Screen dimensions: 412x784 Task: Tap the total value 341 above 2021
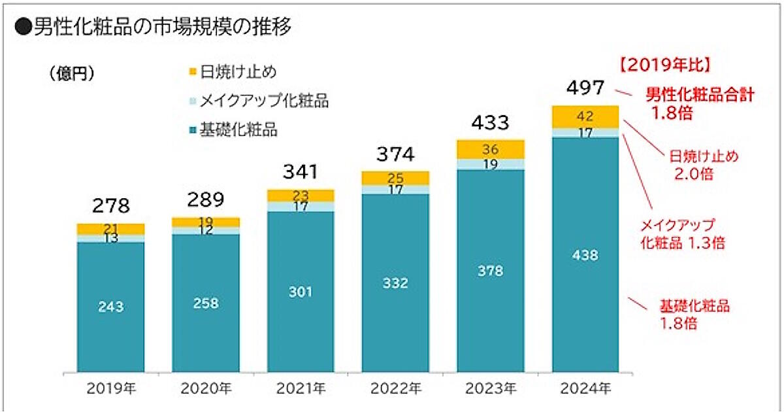tap(301, 172)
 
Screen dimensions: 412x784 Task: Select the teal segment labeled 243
tap(110, 306)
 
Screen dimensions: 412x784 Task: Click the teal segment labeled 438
tap(585, 256)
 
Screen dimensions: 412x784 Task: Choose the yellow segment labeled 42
tap(585, 116)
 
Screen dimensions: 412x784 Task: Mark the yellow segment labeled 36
tap(490, 149)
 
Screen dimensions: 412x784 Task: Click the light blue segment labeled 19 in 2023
tap(490, 164)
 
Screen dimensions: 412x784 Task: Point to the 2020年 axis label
tap(205, 388)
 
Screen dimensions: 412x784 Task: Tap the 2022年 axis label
tap(395, 388)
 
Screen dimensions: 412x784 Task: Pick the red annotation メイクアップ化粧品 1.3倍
tap(683, 233)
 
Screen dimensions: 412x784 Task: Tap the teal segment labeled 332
tap(395, 283)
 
